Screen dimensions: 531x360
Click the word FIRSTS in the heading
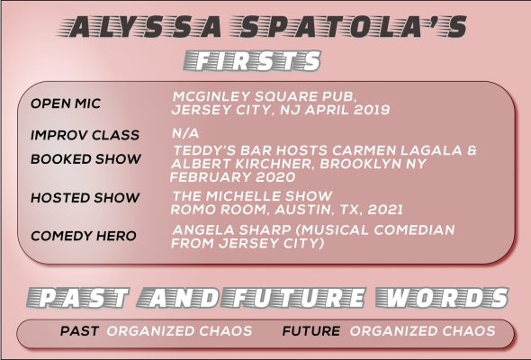252,61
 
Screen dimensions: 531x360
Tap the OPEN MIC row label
66,103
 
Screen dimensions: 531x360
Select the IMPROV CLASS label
85,135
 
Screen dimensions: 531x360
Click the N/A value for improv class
185,133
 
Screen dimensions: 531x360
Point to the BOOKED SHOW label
85,158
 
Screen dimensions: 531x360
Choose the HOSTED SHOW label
85,197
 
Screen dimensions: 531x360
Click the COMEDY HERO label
84,236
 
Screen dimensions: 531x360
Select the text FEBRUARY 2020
233,177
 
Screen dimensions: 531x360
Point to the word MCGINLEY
211,96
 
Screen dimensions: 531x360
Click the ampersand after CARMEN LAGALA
472,150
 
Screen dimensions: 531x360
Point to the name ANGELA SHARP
231,230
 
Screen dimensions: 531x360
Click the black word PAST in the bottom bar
79,331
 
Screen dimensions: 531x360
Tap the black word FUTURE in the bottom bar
311,331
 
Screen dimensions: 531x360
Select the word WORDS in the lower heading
442,298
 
